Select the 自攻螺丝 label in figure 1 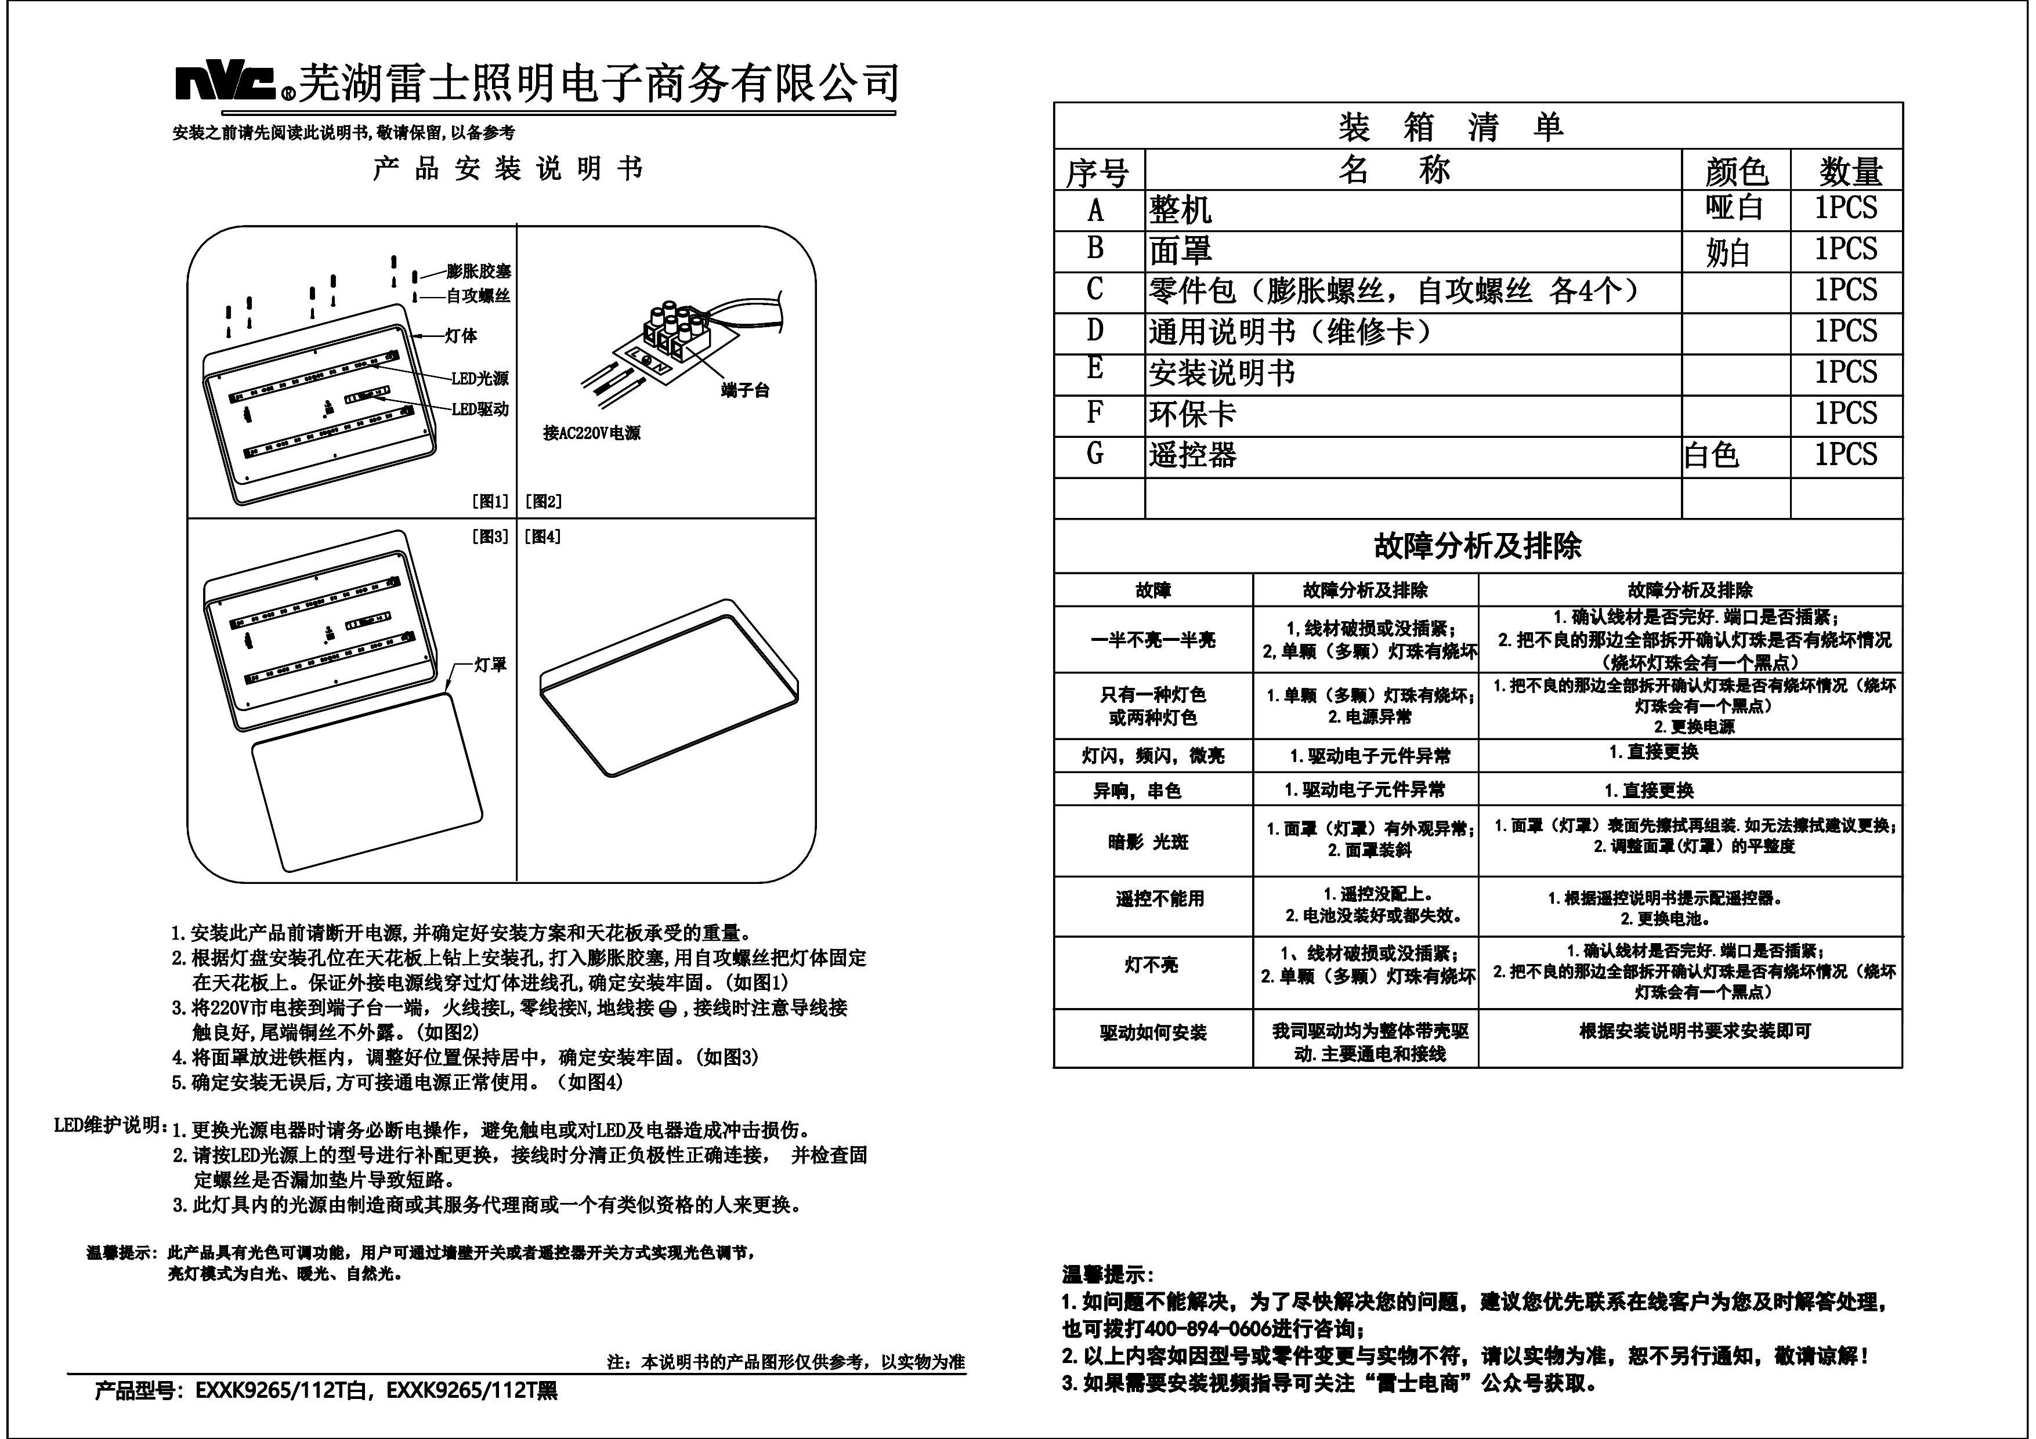point(479,295)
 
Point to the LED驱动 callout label point(480,409)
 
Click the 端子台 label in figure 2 point(745,390)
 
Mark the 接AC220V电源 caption point(591,433)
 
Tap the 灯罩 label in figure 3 point(490,664)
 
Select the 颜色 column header point(1735,171)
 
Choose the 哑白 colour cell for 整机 point(1734,208)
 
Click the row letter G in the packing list point(1095,454)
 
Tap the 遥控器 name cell point(1193,456)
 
